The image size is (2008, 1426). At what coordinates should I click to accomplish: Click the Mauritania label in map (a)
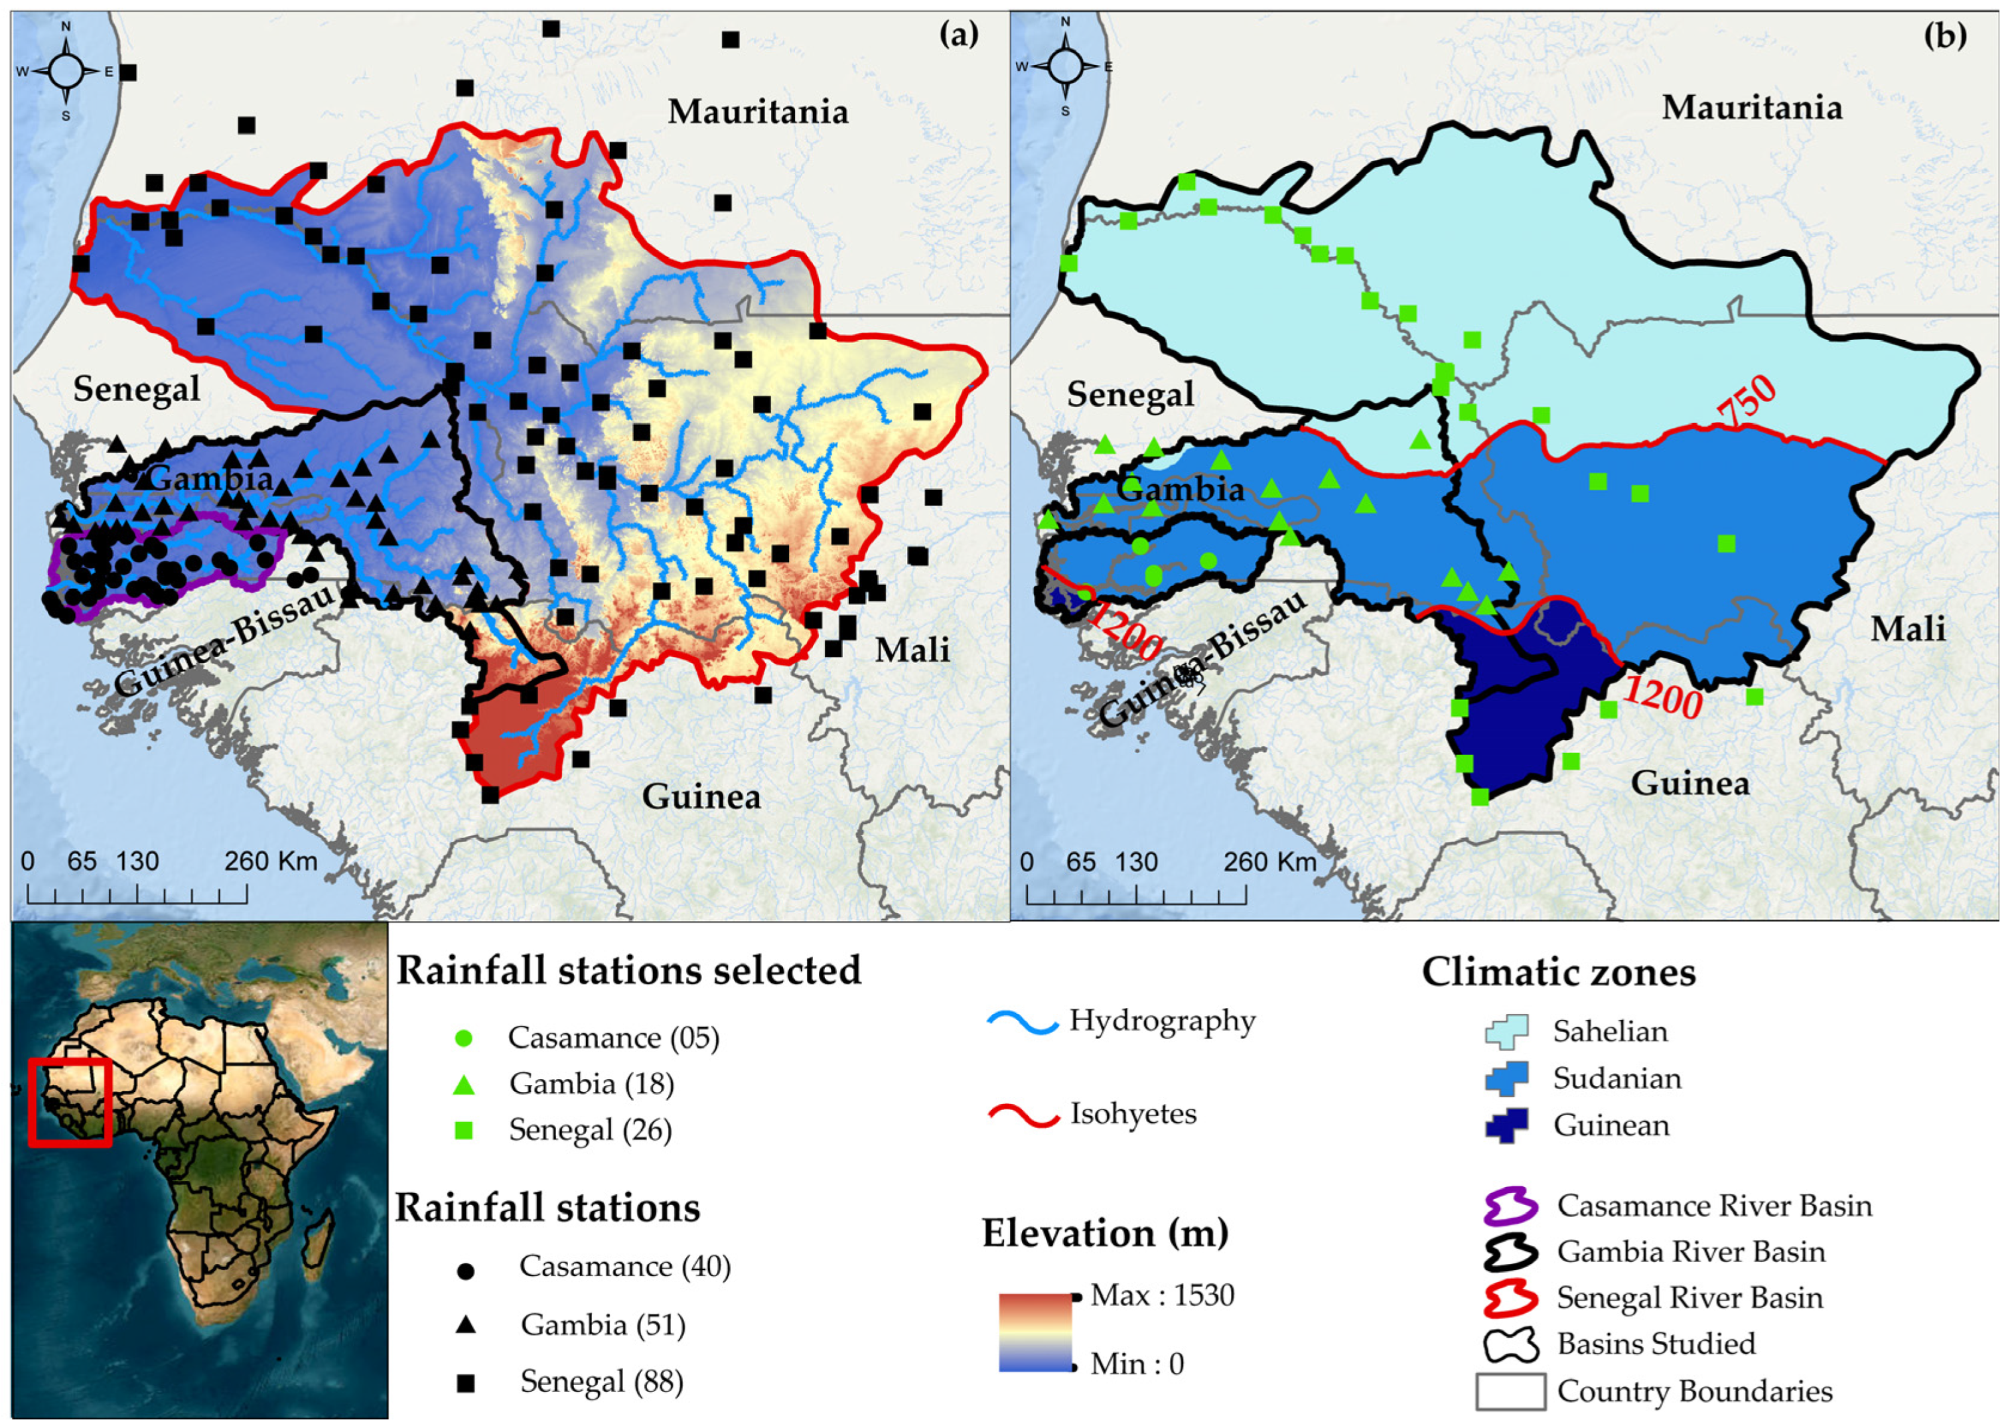click(758, 111)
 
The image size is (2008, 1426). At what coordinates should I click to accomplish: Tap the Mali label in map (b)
click(1907, 628)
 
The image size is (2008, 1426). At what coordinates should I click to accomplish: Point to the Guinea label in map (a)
click(701, 796)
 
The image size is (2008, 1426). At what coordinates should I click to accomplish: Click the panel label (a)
click(958, 35)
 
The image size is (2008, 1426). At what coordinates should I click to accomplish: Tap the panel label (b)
click(1945, 35)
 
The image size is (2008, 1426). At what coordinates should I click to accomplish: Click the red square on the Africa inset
click(70, 1102)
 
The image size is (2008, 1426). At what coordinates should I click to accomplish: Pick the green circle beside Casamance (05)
click(465, 1038)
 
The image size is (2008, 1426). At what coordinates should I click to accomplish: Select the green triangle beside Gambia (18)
click(465, 1086)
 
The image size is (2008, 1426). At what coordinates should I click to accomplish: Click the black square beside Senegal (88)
click(465, 1384)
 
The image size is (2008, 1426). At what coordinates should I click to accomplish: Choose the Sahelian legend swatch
click(1506, 1032)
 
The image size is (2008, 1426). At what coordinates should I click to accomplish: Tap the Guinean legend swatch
click(1506, 1125)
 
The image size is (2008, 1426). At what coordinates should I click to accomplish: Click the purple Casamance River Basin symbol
click(1510, 1206)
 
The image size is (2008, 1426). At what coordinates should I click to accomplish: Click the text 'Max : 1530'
click(1162, 1295)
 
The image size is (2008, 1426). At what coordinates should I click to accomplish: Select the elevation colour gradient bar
click(1035, 1331)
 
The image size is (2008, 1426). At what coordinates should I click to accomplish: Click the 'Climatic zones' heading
click(1559, 972)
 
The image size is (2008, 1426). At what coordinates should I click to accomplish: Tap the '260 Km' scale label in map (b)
click(1269, 861)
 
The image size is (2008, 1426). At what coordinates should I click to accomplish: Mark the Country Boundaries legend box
click(1510, 1391)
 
